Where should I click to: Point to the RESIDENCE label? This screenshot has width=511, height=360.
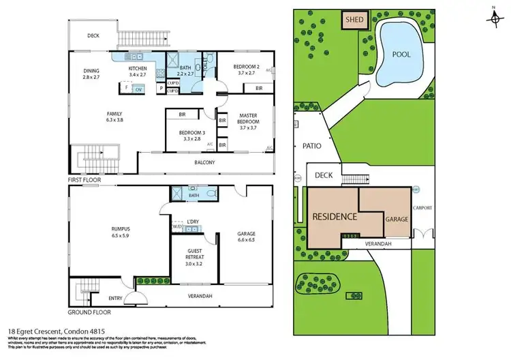335,217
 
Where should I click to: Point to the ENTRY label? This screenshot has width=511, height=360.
115,298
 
